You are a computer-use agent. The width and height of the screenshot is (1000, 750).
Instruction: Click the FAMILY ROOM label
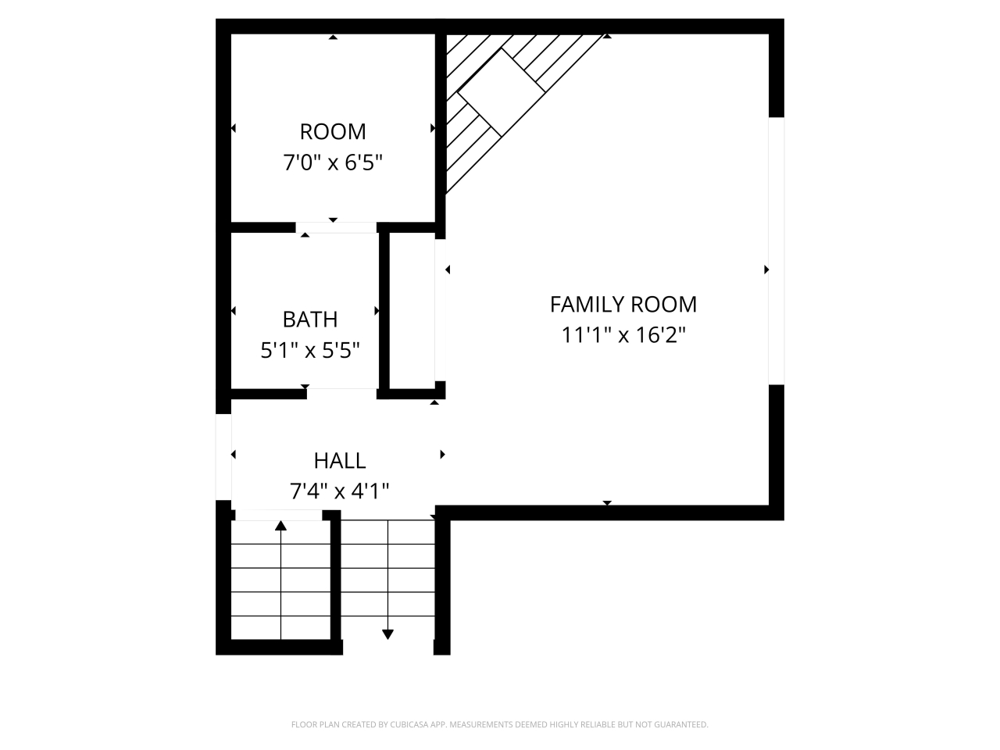(x=623, y=304)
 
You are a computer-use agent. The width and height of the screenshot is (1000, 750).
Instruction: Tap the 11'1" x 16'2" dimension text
(x=623, y=335)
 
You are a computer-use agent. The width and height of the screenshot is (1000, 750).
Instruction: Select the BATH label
(x=309, y=320)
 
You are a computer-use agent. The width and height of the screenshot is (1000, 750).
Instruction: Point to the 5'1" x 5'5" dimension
(x=309, y=351)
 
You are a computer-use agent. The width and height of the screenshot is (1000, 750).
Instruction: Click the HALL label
(x=340, y=461)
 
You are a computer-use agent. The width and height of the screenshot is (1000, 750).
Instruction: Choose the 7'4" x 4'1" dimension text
(x=340, y=491)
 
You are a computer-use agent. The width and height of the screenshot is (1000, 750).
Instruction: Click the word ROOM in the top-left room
(x=333, y=131)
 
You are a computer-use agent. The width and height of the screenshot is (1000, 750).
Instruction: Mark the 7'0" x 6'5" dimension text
(x=333, y=163)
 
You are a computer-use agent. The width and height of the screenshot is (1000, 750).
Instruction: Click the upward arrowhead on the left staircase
(x=280, y=526)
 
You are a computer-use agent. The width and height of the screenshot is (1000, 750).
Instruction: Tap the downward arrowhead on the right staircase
(x=387, y=634)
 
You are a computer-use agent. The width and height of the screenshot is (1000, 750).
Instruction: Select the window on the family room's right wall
(x=776, y=250)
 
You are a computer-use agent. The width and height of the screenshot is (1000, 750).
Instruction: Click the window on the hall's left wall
(x=223, y=457)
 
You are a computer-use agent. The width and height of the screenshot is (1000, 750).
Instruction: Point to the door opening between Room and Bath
(x=337, y=227)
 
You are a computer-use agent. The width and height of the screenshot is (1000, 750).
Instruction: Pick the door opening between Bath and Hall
(x=341, y=393)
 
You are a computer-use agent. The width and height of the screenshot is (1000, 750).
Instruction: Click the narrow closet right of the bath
(x=412, y=310)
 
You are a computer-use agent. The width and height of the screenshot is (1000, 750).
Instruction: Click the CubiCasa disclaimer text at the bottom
(x=500, y=725)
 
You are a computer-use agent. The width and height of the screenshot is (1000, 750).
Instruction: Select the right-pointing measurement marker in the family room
(x=766, y=270)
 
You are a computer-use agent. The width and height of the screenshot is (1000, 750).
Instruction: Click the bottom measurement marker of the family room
(x=607, y=503)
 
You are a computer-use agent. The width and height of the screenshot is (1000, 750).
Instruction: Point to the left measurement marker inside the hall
(x=234, y=455)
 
